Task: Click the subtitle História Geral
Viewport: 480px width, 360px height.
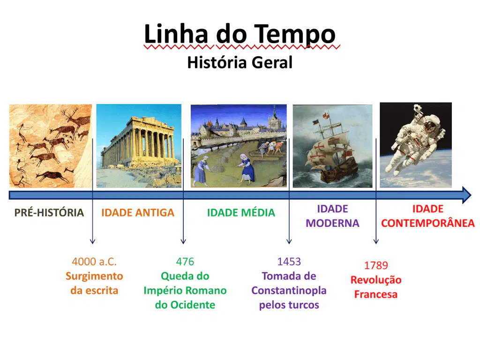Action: coord(240,62)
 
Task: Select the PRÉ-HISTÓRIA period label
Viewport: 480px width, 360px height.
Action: coord(49,212)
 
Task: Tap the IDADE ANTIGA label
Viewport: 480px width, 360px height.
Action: coord(138,212)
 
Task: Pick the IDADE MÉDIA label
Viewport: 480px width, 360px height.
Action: coord(241,212)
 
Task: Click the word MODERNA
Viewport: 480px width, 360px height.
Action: coord(332,223)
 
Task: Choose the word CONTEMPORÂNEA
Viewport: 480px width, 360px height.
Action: coord(427,223)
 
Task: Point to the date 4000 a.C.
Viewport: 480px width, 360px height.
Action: coord(94,262)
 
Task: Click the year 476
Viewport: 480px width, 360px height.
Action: coord(185,262)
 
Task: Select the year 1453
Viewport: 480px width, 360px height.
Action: coord(289,262)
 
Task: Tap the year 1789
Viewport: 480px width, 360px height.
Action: coord(376,265)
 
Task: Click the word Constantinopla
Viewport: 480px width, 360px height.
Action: coord(289,291)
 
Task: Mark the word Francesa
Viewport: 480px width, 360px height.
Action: coord(376,294)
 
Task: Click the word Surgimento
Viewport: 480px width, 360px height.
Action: coord(94,277)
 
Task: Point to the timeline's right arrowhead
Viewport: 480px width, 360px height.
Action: coord(466,195)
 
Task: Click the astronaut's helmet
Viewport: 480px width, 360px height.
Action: coord(430,126)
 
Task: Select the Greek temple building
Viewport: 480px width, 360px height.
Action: coord(139,142)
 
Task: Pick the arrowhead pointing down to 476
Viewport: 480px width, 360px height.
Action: coord(183,241)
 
